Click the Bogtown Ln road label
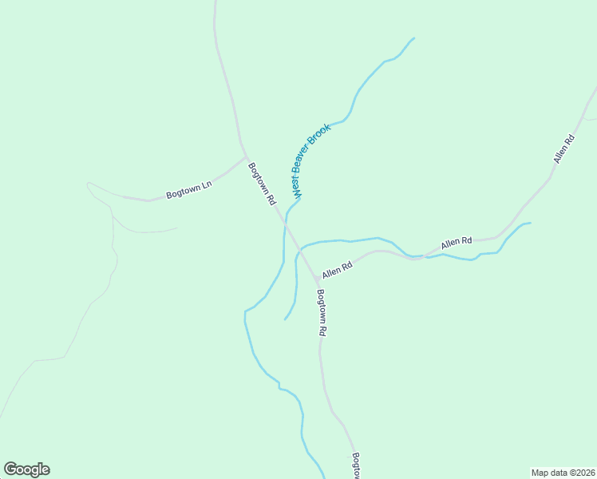tap(188, 190)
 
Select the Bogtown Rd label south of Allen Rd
tap(322, 311)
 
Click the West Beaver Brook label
tap(310, 160)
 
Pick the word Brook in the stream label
tap(321, 137)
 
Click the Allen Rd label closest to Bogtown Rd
tap(337, 271)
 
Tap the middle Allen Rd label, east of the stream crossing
tap(457, 240)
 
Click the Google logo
tap(26, 469)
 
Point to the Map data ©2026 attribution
tap(563, 472)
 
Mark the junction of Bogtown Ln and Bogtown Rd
tap(245, 155)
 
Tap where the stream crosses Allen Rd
tap(415, 258)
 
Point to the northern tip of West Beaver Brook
tap(414, 38)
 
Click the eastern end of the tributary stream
tap(530, 224)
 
